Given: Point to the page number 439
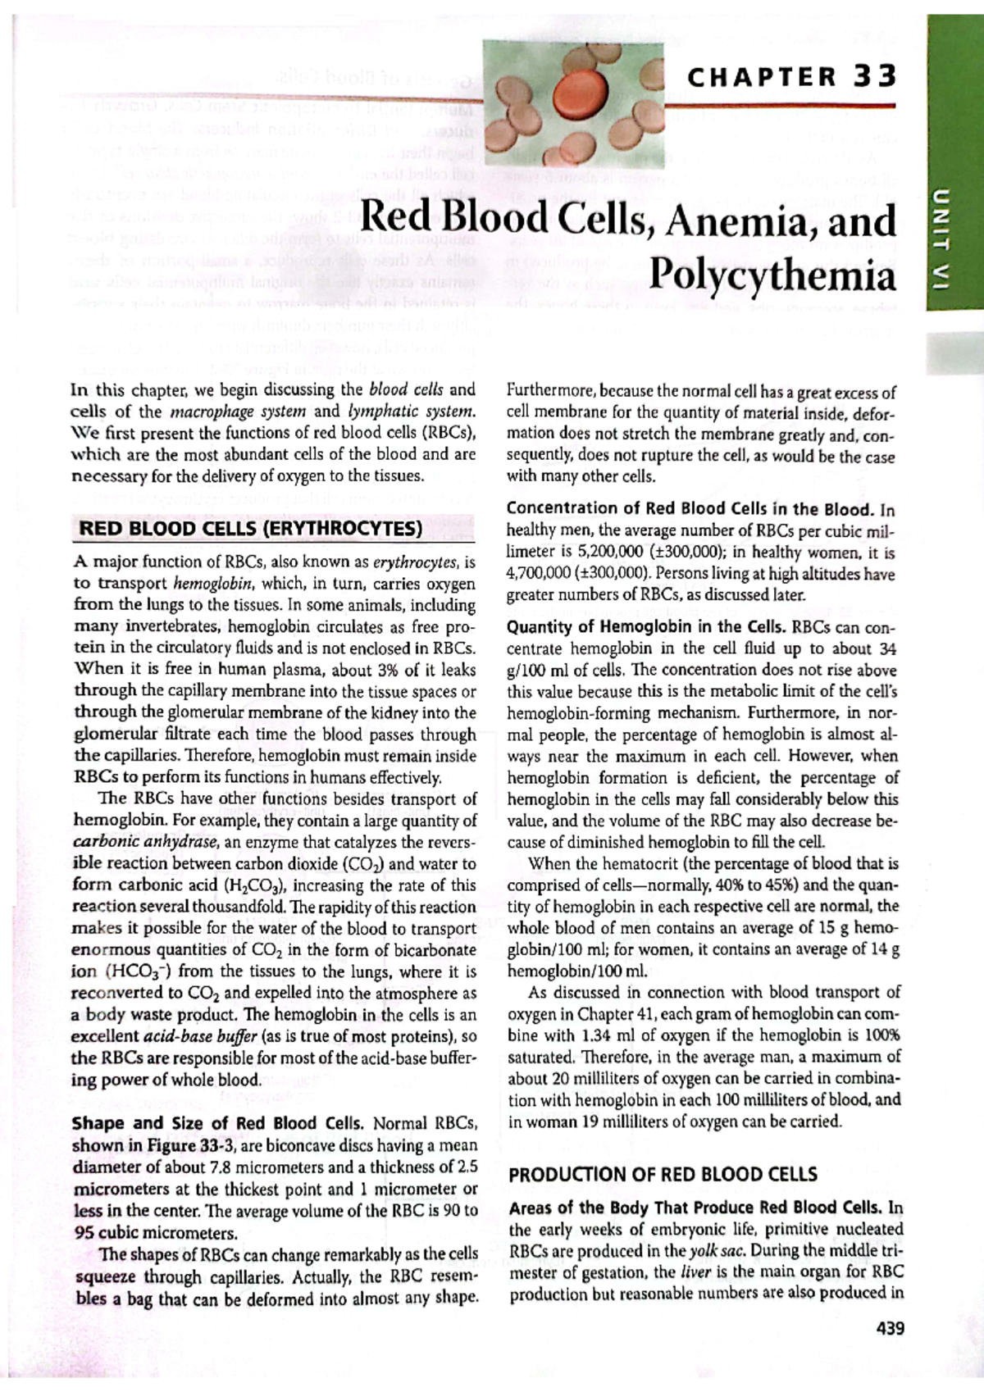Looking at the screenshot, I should [x=889, y=1329].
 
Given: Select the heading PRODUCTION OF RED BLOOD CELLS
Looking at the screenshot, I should [x=663, y=1175].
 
